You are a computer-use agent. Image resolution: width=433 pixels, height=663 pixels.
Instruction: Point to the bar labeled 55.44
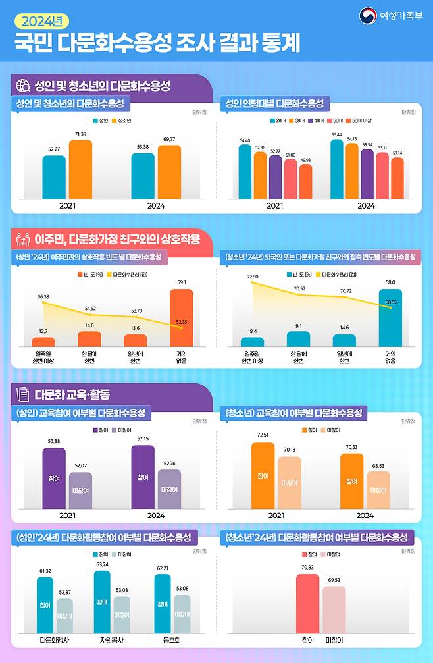(x=337, y=169)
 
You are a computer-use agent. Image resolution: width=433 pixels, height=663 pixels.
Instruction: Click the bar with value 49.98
(x=305, y=182)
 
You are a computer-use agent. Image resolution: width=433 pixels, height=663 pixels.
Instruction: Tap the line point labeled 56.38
(x=43, y=302)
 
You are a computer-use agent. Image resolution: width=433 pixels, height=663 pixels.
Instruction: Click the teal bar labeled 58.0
(x=390, y=317)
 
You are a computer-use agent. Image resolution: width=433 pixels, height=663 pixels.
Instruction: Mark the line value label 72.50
(x=253, y=278)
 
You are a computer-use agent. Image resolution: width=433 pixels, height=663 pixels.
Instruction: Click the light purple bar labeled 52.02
(x=80, y=491)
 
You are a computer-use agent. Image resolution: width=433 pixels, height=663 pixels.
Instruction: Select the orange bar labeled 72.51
(x=263, y=475)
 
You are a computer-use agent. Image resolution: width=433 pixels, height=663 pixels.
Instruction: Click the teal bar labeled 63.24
(x=102, y=602)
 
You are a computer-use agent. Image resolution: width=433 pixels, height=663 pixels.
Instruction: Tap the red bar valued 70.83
(x=307, y=603)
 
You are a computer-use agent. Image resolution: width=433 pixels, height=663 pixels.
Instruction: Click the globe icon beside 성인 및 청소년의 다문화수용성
(x=22, y=85)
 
